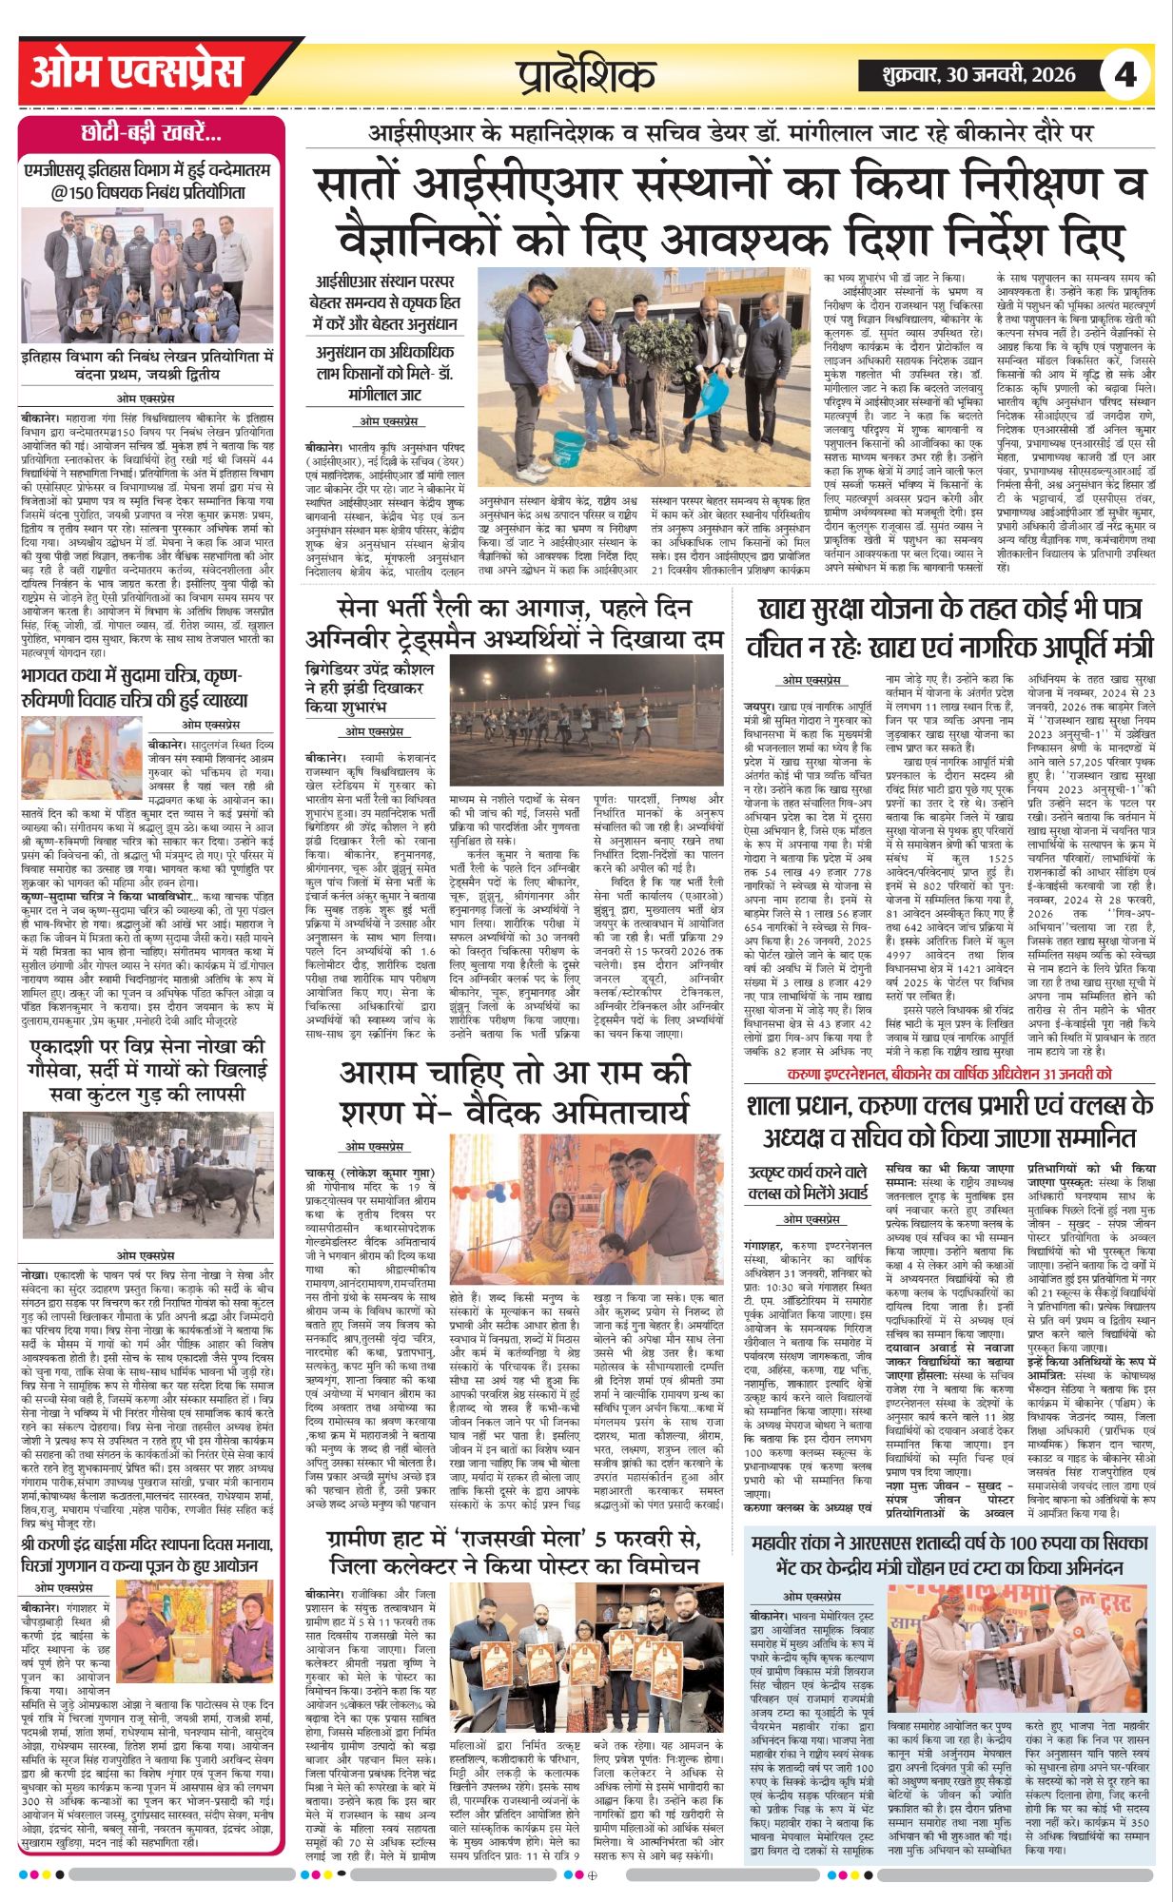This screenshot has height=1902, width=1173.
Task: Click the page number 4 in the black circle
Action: (x=1125, y=74)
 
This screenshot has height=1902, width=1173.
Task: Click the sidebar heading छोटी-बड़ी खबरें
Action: (x=151, y=132)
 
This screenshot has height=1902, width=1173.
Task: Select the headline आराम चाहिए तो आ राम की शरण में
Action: (x=514, y=1093)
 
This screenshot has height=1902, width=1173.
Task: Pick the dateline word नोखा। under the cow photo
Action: (x=34, y=1272)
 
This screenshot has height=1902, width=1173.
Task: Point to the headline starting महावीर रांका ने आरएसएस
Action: (x=949, y=1555)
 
